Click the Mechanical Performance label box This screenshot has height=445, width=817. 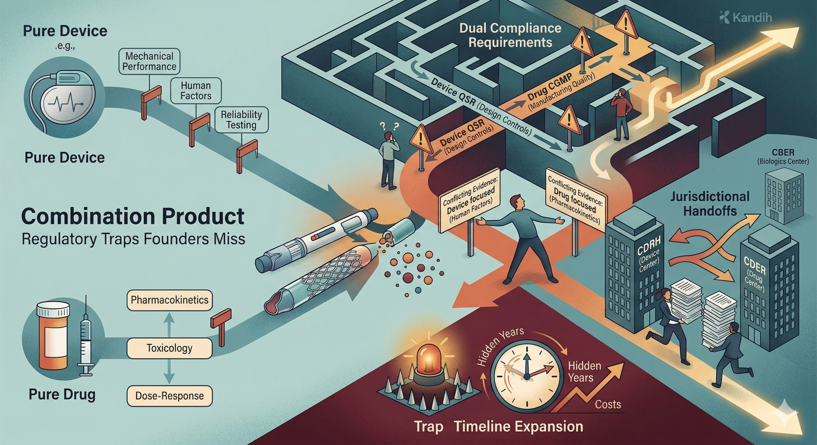point(149,62)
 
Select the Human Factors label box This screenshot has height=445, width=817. point(196,91)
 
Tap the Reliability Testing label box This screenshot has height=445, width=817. point(241,120)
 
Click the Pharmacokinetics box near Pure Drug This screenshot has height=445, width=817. point(169,300)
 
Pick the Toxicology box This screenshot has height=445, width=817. point(169,348)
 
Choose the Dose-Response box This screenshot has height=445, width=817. point(169,396)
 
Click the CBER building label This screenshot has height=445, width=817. point(783,157)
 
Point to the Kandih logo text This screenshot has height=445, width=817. point(752,18)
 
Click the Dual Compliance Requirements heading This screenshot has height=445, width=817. point(510,35)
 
